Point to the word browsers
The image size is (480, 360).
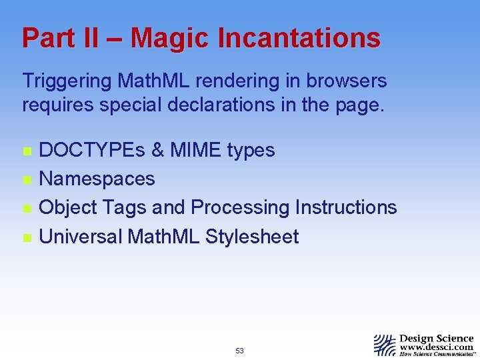pos(347,81)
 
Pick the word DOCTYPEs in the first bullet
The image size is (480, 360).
pos(91,150)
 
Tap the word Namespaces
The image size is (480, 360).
pos(97,179)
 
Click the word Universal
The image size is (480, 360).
pos(81,236)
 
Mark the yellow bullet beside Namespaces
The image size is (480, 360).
pos(27,179)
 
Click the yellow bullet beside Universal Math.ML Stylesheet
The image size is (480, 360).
pos(27,237)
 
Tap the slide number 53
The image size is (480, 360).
pos(240,351)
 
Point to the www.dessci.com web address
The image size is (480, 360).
pos(437,347)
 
